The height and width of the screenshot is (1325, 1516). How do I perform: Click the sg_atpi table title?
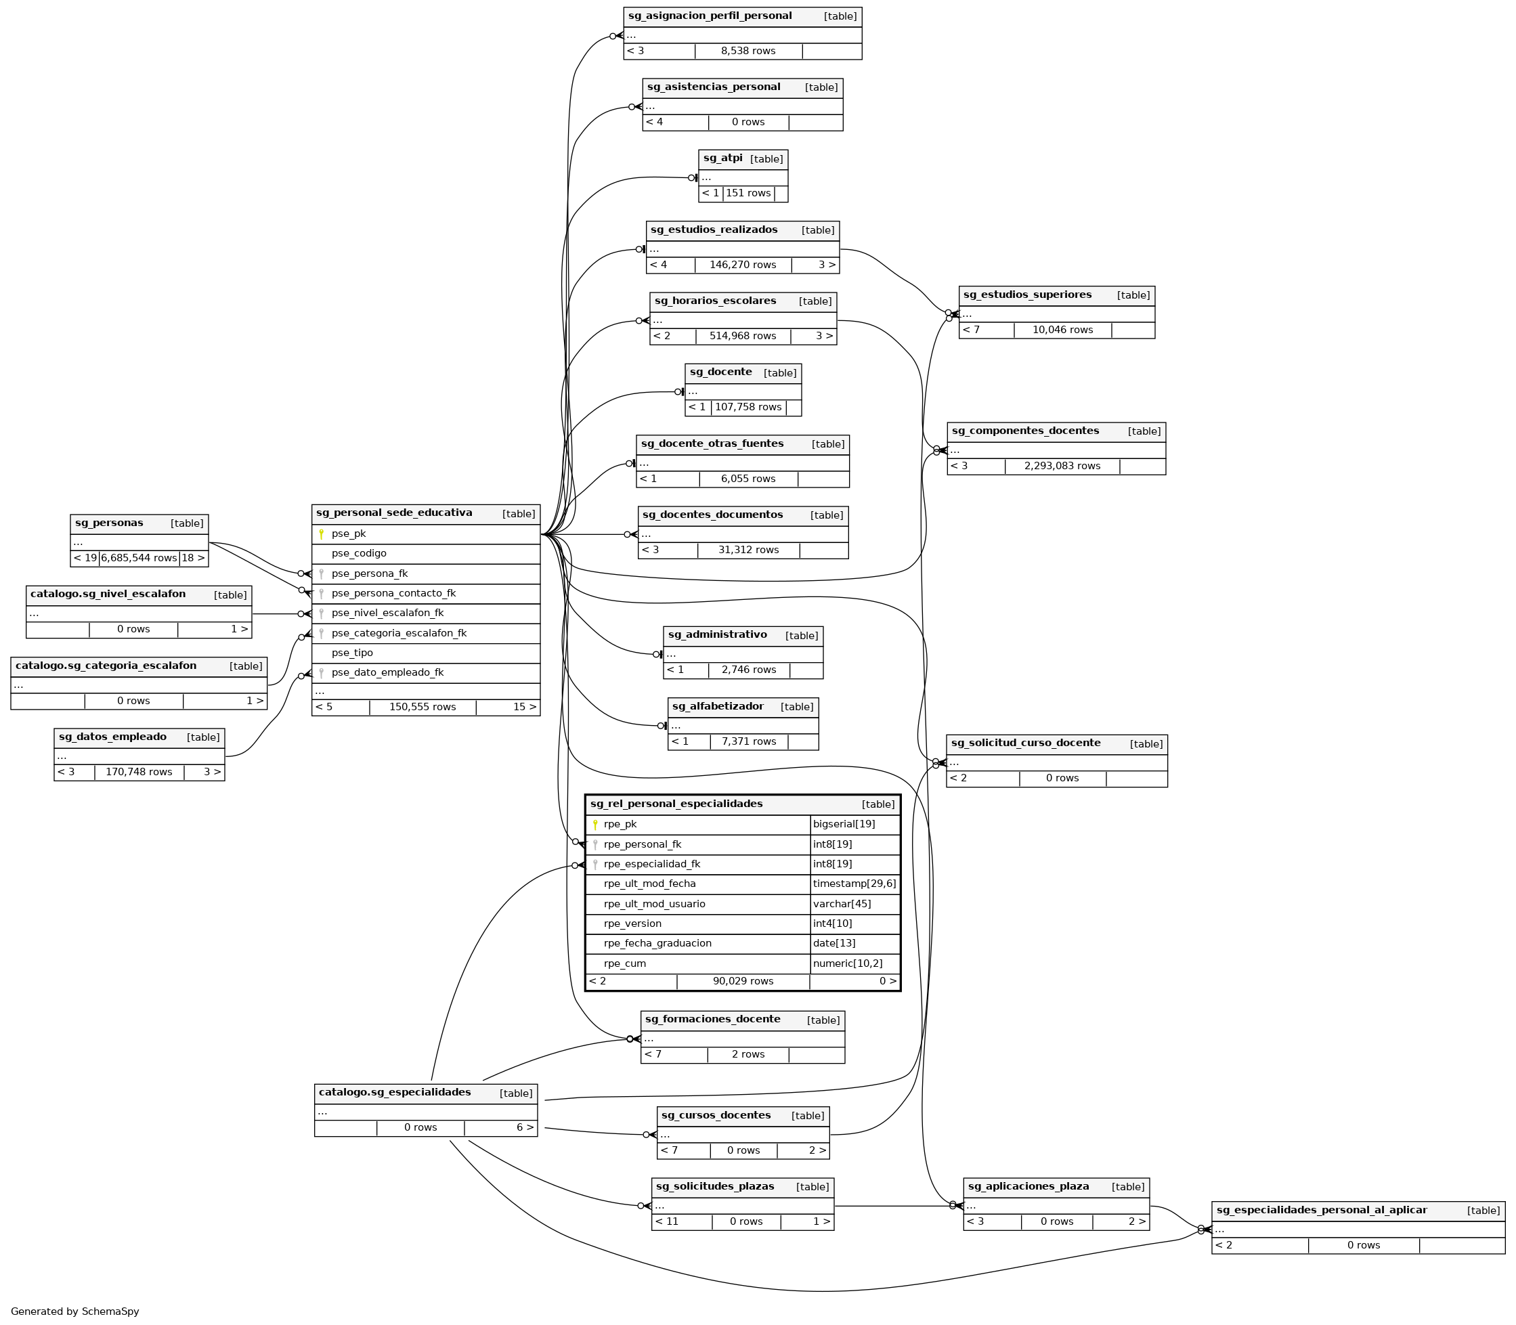tap(722, 159)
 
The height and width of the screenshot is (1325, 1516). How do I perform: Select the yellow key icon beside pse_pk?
tap(321, 534)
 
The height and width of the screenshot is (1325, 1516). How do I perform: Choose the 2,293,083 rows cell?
tap(1062, 466)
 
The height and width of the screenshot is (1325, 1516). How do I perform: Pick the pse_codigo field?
tap(359, 554)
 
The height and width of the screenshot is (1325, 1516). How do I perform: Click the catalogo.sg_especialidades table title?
tap(394, 1093)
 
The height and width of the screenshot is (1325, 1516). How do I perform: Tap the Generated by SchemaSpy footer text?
tap(74, 1311)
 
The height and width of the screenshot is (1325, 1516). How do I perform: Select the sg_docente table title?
tap(720, 372)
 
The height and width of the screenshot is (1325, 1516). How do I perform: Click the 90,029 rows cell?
tap(743, 981)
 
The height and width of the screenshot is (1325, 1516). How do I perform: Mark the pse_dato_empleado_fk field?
tap(387, 673)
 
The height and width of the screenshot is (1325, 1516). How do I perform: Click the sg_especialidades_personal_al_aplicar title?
tap(1321, 1211)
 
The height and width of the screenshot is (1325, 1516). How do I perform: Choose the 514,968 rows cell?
tap(743, 336)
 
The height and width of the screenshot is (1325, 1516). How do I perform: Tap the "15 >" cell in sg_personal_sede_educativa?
tap(524, 708)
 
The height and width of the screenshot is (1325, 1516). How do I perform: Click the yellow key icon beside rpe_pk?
tap(594, 825)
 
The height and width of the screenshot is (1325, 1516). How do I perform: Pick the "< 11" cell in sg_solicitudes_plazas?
tap(666, 1221)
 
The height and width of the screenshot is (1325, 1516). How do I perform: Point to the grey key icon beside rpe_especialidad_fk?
tap(594, 865)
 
